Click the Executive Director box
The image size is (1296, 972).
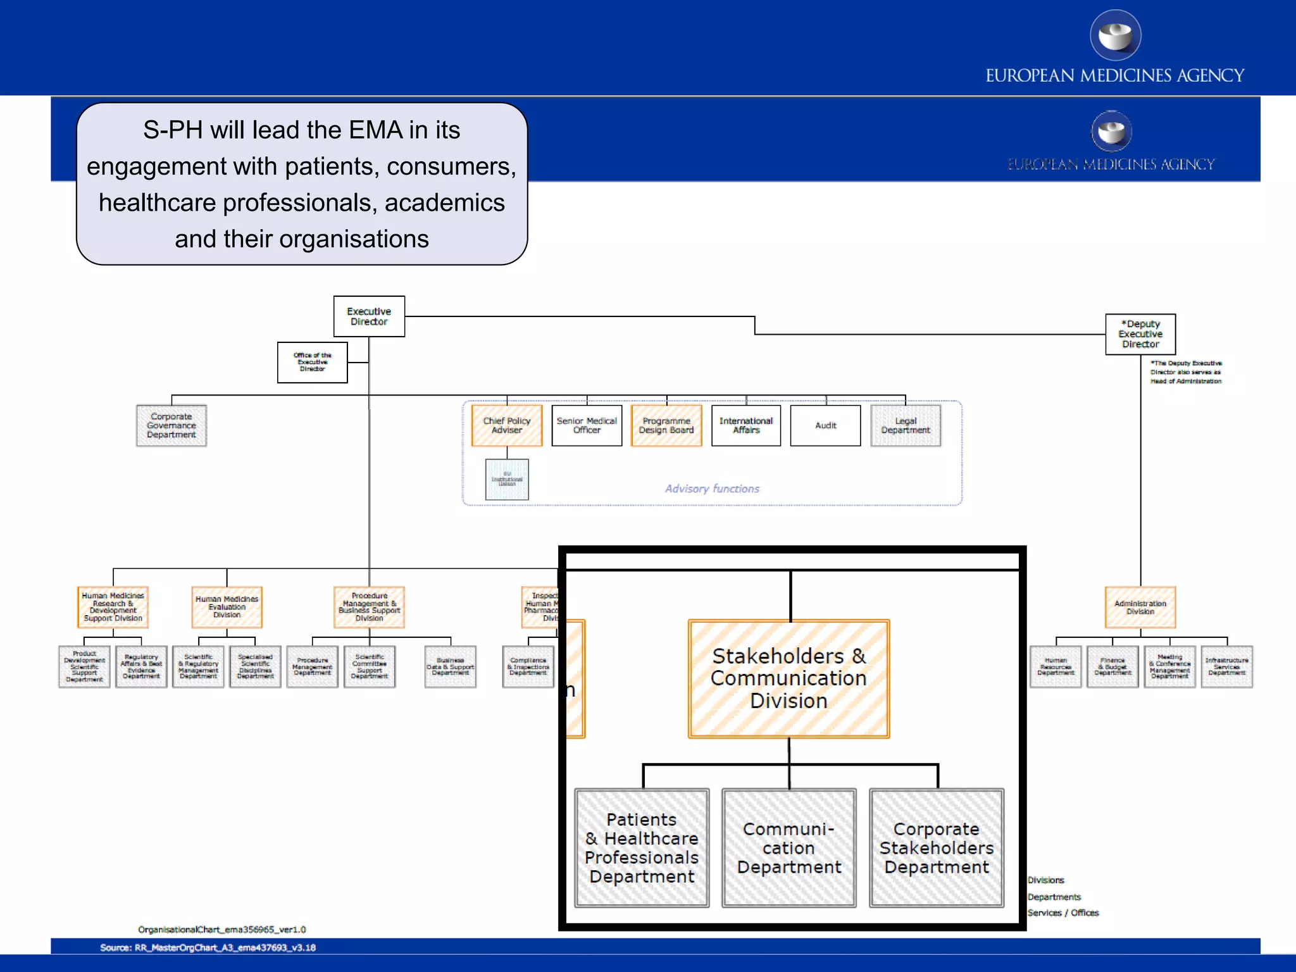point(369,316)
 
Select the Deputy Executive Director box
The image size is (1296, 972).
point(1140,334)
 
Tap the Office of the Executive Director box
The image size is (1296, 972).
point(312,362)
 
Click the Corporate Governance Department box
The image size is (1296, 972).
point(171,425)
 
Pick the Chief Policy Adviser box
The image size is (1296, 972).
point(507,425)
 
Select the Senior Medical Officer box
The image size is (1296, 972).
point(587,425)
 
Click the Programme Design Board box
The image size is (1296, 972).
point(666,425)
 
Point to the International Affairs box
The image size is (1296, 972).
point(746,425)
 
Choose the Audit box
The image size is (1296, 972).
point(825,425)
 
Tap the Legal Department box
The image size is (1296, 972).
point(906,425)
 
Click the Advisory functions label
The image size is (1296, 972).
point(712,489)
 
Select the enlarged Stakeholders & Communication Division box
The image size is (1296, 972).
point(788,678)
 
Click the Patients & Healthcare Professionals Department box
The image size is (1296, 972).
point(642,847)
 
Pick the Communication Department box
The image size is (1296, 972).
point(788,847)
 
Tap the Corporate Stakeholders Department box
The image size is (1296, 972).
point(937,847)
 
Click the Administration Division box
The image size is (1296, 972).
point(1140,607)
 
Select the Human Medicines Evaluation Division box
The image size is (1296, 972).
point(227,607)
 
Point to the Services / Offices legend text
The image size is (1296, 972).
point(1063,913)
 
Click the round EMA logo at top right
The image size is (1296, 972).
point(1115,35)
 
